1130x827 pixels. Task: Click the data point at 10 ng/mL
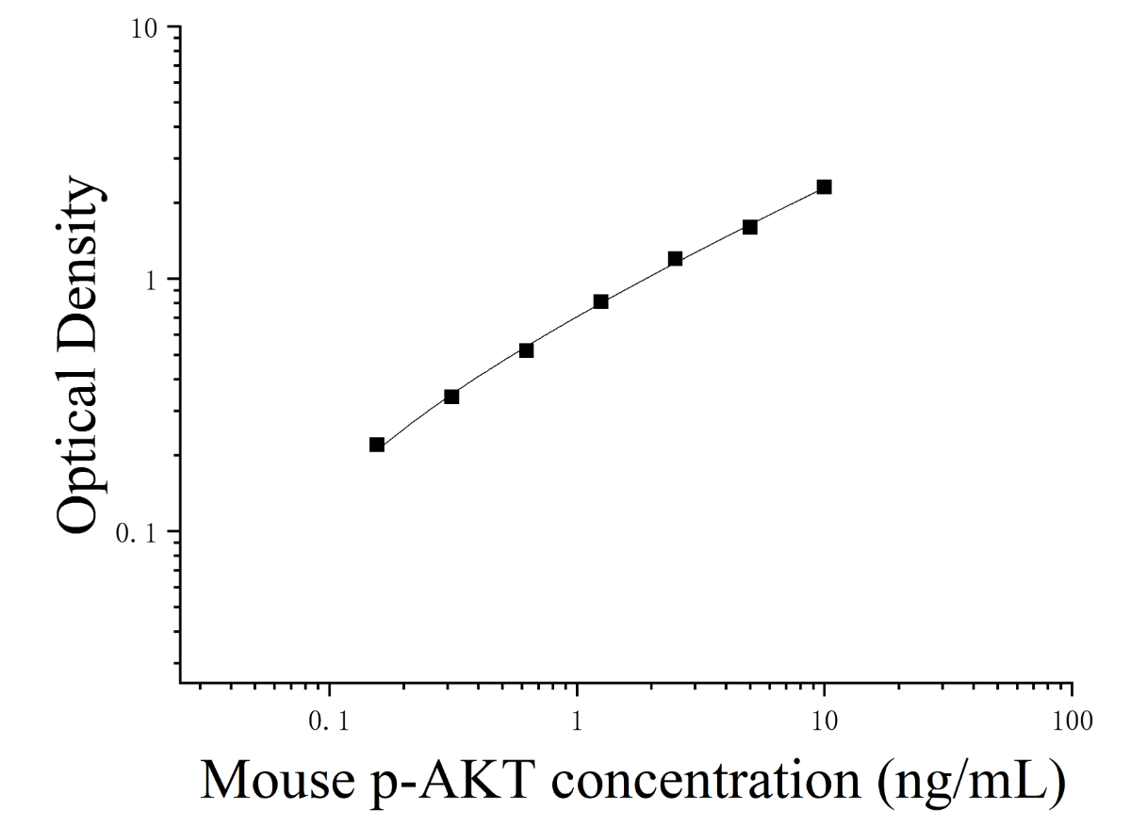pyautogui.click(x=824, y=187)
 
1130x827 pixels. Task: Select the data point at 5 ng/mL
pyautogui.click(x=749, y=227)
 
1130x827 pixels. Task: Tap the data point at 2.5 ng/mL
pyautogui.click(x=675, y=259)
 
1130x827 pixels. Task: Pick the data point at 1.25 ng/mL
pyautogui.click(x=600, y=301)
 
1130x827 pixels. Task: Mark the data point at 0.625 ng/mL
pyautogui.click(x=526, y=350)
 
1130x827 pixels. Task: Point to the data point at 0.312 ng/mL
pyautogui.click(x=451, y=397)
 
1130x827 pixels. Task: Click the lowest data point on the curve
pyautogui.click(x=377, y=445)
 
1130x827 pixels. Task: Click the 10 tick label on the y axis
pyautogui.click(x=144, y=28)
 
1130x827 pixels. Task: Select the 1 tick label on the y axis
pyautogui.click(x=152, y=280)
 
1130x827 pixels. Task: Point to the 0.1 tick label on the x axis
pyautogui.click(x=329, y=721)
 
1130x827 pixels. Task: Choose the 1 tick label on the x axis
pyautogui.click(x=577, y=721)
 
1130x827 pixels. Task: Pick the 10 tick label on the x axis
pyautogui.click(x=825, y=721)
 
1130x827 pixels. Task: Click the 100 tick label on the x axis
pyautogui.click(x=1073, y=721)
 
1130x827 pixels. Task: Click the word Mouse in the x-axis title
pyautogui.click(x=277, y=780)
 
